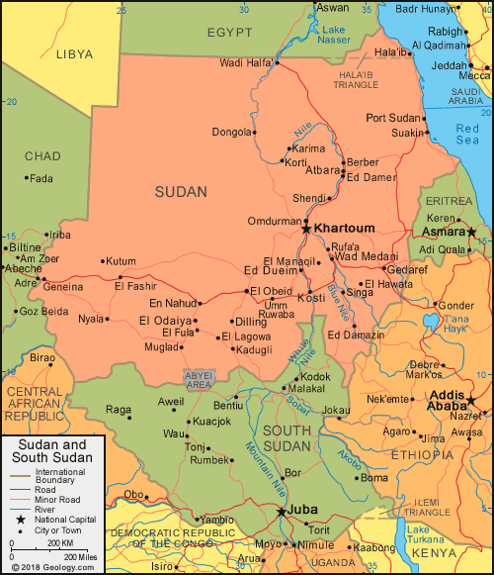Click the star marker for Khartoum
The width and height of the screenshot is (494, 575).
click(x=306, y=229)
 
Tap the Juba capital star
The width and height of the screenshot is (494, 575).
click(x=283, y=512)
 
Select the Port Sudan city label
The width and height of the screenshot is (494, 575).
click(x=393, y=118)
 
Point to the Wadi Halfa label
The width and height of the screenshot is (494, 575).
click(x=245, y=63)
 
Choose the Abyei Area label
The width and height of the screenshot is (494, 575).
click(x=199, y=380)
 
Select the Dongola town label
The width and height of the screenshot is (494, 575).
click(x=232, y=131)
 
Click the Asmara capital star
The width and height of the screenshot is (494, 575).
click(x=472, y=232)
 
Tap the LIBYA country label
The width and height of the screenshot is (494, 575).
click(x=73, y=53)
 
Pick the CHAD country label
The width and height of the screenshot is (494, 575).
click(x=42, y=156)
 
